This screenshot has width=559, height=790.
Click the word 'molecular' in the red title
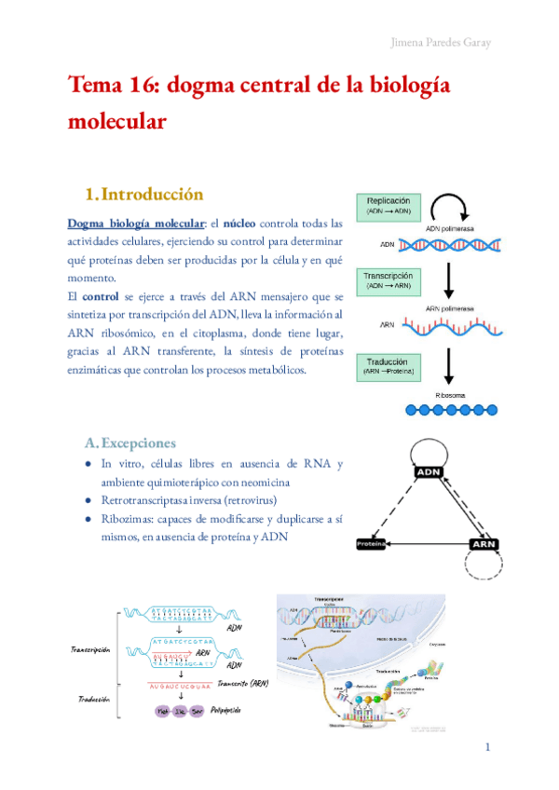point(116,121)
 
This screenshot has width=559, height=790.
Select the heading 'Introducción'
point(151,195)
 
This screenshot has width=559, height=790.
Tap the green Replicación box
point(394,205)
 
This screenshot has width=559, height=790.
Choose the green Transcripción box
point(394,282)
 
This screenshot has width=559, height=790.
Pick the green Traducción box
point(393,365)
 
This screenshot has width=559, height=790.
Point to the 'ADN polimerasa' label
point(452,228)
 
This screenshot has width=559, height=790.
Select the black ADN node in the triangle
point(428,471)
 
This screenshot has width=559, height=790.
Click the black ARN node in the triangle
point(484,543)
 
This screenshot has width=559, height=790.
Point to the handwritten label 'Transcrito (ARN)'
point(241,683)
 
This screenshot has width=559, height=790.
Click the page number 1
point(487,748)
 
